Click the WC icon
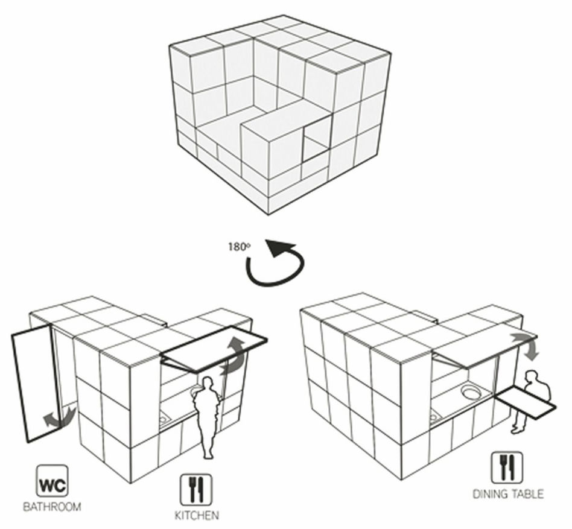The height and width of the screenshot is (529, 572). pyautogui.click(x=52, y=481)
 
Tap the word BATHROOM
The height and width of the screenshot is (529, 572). pyautogui.click(x=52, y=507)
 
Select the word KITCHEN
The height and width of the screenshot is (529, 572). pyautogui.click(x=197, y=516)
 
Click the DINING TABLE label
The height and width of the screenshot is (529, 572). pyautogui.click(x=508, y=494)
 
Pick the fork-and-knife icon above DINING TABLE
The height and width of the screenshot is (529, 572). pyautogui.click(x=507, y=467)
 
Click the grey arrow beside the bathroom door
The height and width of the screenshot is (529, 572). pyautogui.click(x=60, y=417)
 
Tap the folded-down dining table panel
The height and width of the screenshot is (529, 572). pyautogui.click(x=526, y=402)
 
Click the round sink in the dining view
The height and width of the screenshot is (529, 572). pyautogui.click(x=472, y=393)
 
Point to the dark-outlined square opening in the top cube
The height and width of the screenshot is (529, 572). pyautogui.click(x=317, y=138)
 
